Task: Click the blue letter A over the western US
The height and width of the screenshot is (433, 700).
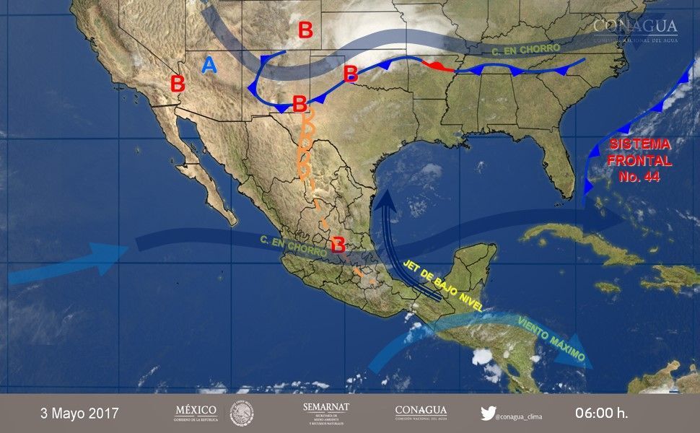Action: point(209,66)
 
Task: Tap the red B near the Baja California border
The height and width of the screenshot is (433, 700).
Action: point(178,84)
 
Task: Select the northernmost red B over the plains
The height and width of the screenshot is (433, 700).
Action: point(305,30)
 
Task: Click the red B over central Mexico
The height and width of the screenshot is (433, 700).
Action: point(337,245)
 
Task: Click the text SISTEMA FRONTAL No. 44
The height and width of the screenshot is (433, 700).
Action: point(639,160)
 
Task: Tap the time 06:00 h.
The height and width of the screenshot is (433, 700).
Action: point(601,414)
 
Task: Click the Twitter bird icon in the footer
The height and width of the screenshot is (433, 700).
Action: point(488,414)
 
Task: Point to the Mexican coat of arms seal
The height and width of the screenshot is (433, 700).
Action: point(242,414)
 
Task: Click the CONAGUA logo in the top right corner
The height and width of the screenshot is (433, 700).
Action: point(635,29)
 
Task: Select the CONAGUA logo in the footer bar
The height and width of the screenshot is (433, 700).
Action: point(421,413)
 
